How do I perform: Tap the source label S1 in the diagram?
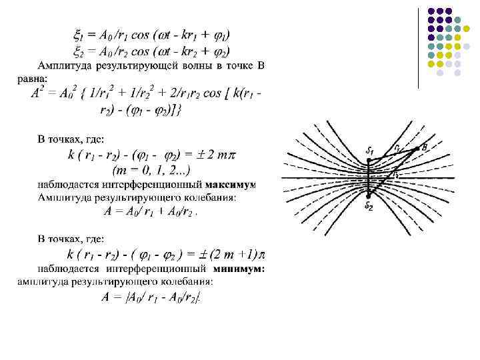pos(371,151)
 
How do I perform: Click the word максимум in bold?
pos(231,183)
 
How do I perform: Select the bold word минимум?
pos(240,269)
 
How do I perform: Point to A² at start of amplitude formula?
pos(38,94)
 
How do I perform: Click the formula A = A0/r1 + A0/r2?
pos(151,212)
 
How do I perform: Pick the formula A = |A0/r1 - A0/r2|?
pos(151,298)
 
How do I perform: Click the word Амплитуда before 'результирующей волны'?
pos(63,65)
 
